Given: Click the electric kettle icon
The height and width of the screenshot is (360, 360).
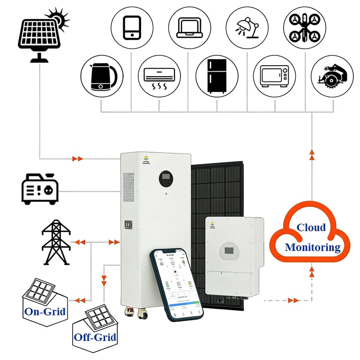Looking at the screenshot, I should [x=102, y=76].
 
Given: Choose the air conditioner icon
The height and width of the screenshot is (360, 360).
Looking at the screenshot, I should [x=159, y=76].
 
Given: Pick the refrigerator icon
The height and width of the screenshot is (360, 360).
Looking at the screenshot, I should [x=217, y=76].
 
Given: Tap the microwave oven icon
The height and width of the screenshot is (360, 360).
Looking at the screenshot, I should [x=275, y=76].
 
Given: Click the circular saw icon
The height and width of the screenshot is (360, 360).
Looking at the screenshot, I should [x=332, y=76].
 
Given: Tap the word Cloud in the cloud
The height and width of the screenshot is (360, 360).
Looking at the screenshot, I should [x=311, y=228].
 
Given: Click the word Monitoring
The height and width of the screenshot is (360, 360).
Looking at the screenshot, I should [x=313, y=247].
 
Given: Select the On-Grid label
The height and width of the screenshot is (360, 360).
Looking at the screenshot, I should [x=45, y=311].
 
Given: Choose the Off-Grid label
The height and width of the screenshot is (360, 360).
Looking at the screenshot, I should [x=95, y=337].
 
